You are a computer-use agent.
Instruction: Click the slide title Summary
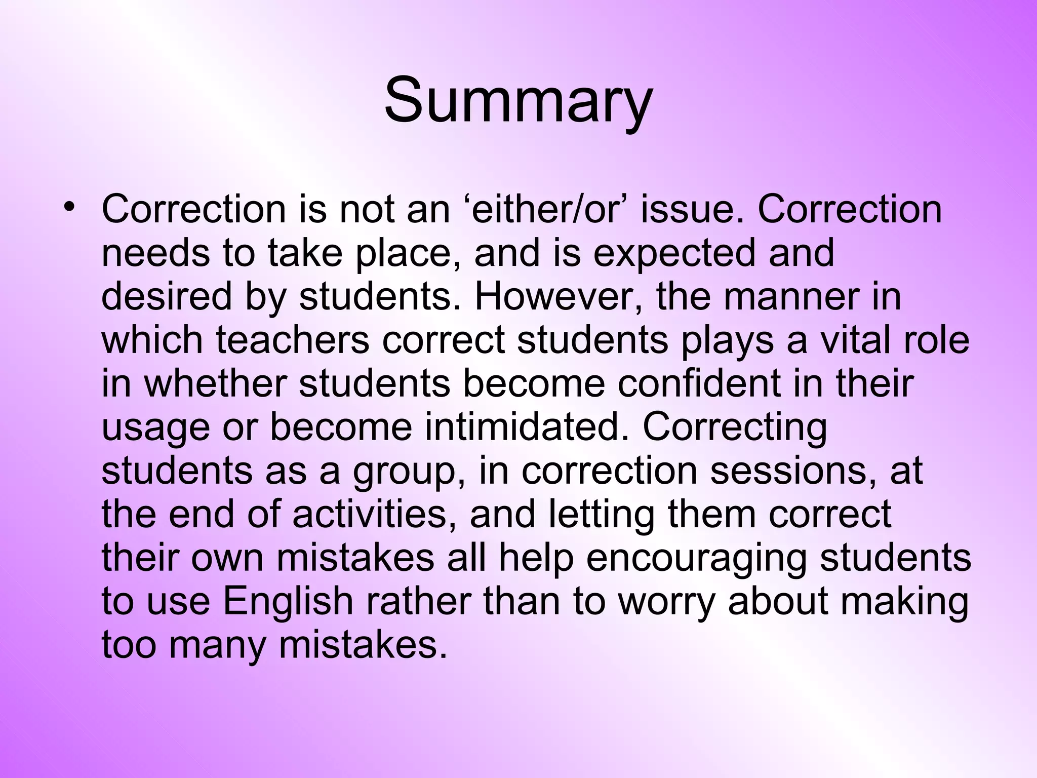pos(518,101)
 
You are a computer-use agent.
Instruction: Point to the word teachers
pos(293,339)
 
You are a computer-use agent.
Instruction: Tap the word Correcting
pos(735,426)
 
